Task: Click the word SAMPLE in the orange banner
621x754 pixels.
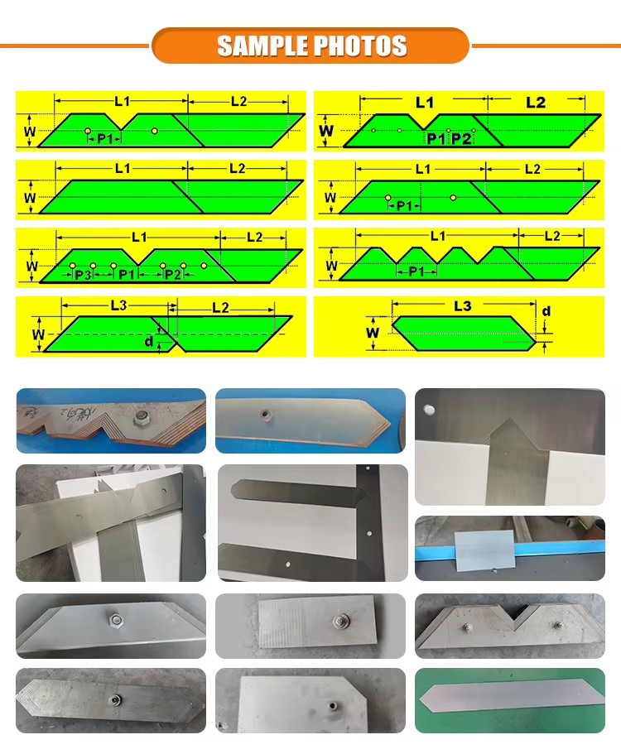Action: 262,46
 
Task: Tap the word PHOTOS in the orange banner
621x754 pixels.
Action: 361,46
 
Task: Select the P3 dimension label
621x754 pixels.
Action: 83,275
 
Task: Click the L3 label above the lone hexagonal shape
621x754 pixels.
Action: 463,306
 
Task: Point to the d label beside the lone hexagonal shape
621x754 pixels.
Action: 546,311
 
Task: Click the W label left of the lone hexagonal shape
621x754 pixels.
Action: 373,332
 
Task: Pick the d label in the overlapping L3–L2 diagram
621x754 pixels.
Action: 149,341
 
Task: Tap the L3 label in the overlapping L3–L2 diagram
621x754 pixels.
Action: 118,305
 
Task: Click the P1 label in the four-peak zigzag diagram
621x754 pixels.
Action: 416,271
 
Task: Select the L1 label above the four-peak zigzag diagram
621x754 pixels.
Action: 438,236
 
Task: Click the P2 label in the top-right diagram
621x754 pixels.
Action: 461,139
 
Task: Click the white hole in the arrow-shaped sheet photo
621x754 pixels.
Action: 429,410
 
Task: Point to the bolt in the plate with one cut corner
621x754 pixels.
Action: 332,706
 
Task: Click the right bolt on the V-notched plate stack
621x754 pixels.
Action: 558,625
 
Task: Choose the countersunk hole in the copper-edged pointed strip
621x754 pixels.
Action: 265,414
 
